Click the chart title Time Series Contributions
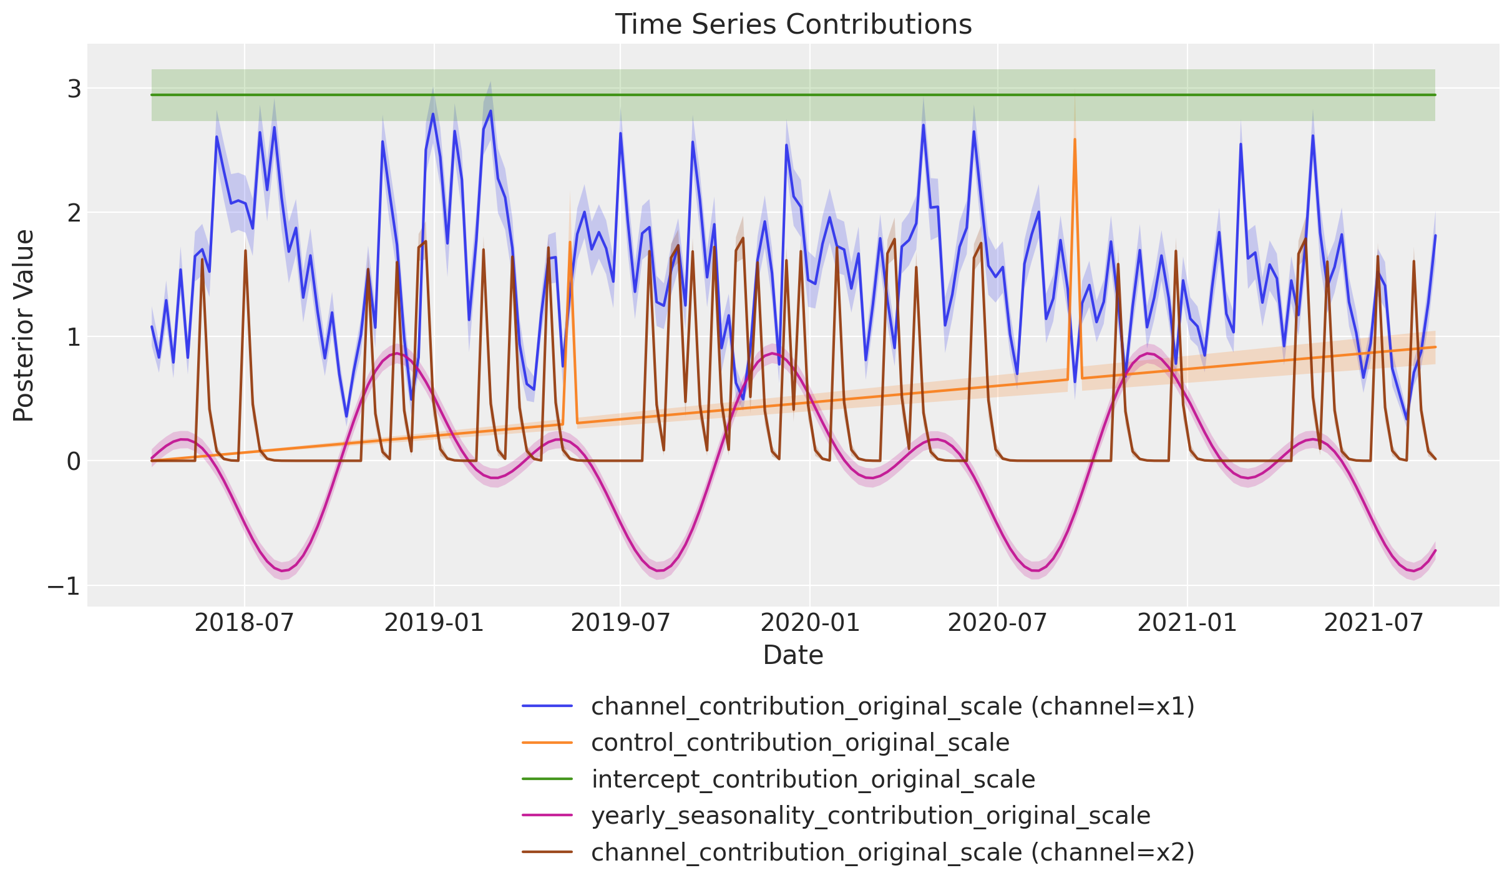793,25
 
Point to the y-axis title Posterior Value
24,325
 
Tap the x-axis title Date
793,655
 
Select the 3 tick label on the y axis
74,89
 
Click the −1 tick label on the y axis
64,586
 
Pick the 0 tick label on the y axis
74,462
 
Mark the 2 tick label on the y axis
74,213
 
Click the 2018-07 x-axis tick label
244,623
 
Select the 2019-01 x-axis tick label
434,623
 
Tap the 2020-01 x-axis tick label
810,623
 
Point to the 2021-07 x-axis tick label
1373,623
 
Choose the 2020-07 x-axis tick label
997,623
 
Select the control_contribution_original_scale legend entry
800,743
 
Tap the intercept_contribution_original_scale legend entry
813,779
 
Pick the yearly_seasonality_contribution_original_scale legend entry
871,816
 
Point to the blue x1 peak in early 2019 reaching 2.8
490,112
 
